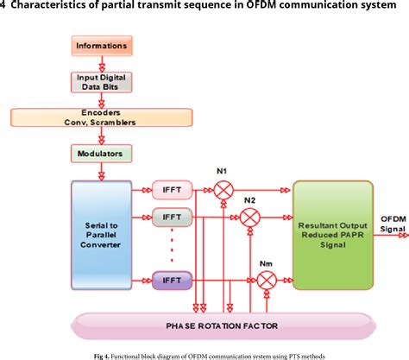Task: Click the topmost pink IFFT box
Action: tap(172, 188)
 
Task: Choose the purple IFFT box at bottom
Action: tap(172, 279)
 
